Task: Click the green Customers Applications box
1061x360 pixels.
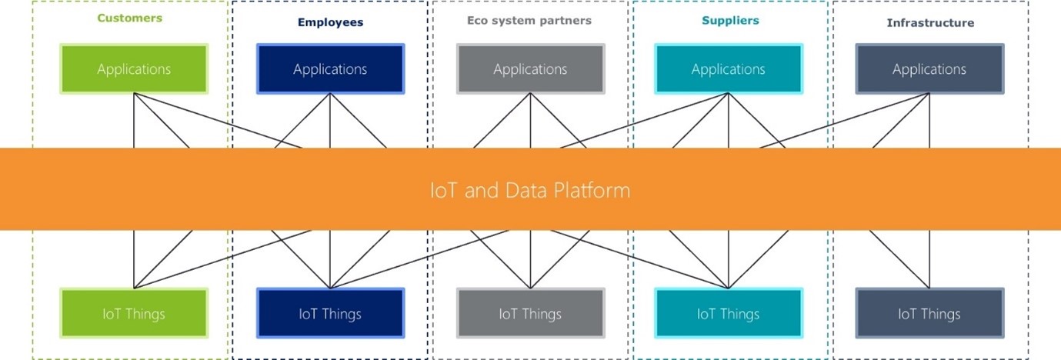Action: pyautogui.click(x=134, y=69)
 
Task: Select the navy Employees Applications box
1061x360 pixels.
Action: pyautogui.click(x=330, y=69)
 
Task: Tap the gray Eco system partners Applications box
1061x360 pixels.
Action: pyautogui.click(x=530, y=69)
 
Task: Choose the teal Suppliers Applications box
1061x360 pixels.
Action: pyautogui.click(x=728, y=69)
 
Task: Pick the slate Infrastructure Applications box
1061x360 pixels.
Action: pyautogui.click(x=929, y=69)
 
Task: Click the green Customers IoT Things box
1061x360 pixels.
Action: pyautogui.click(x=134, y=314)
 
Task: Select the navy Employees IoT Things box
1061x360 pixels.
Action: pyautogui.click(x=330, y=314)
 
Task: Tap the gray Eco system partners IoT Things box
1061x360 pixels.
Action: pyautogui.click(x=530, y=314)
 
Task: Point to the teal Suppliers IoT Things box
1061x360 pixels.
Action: pyautogui.click(x=728, y=314)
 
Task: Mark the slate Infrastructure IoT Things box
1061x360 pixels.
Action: pyautogui.click(x=929, y=314)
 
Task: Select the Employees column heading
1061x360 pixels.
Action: pyautogui.click(x=330, y=22)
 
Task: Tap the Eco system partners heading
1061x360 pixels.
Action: pyautogui.click(x=529, y=21)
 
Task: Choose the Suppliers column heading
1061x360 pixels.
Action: pyautogui.click(x=730, y=20)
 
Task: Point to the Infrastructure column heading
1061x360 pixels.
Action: pyautogui.click(x=929, y=23)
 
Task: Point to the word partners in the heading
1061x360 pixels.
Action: pyautogui.click(x=566, y=21)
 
